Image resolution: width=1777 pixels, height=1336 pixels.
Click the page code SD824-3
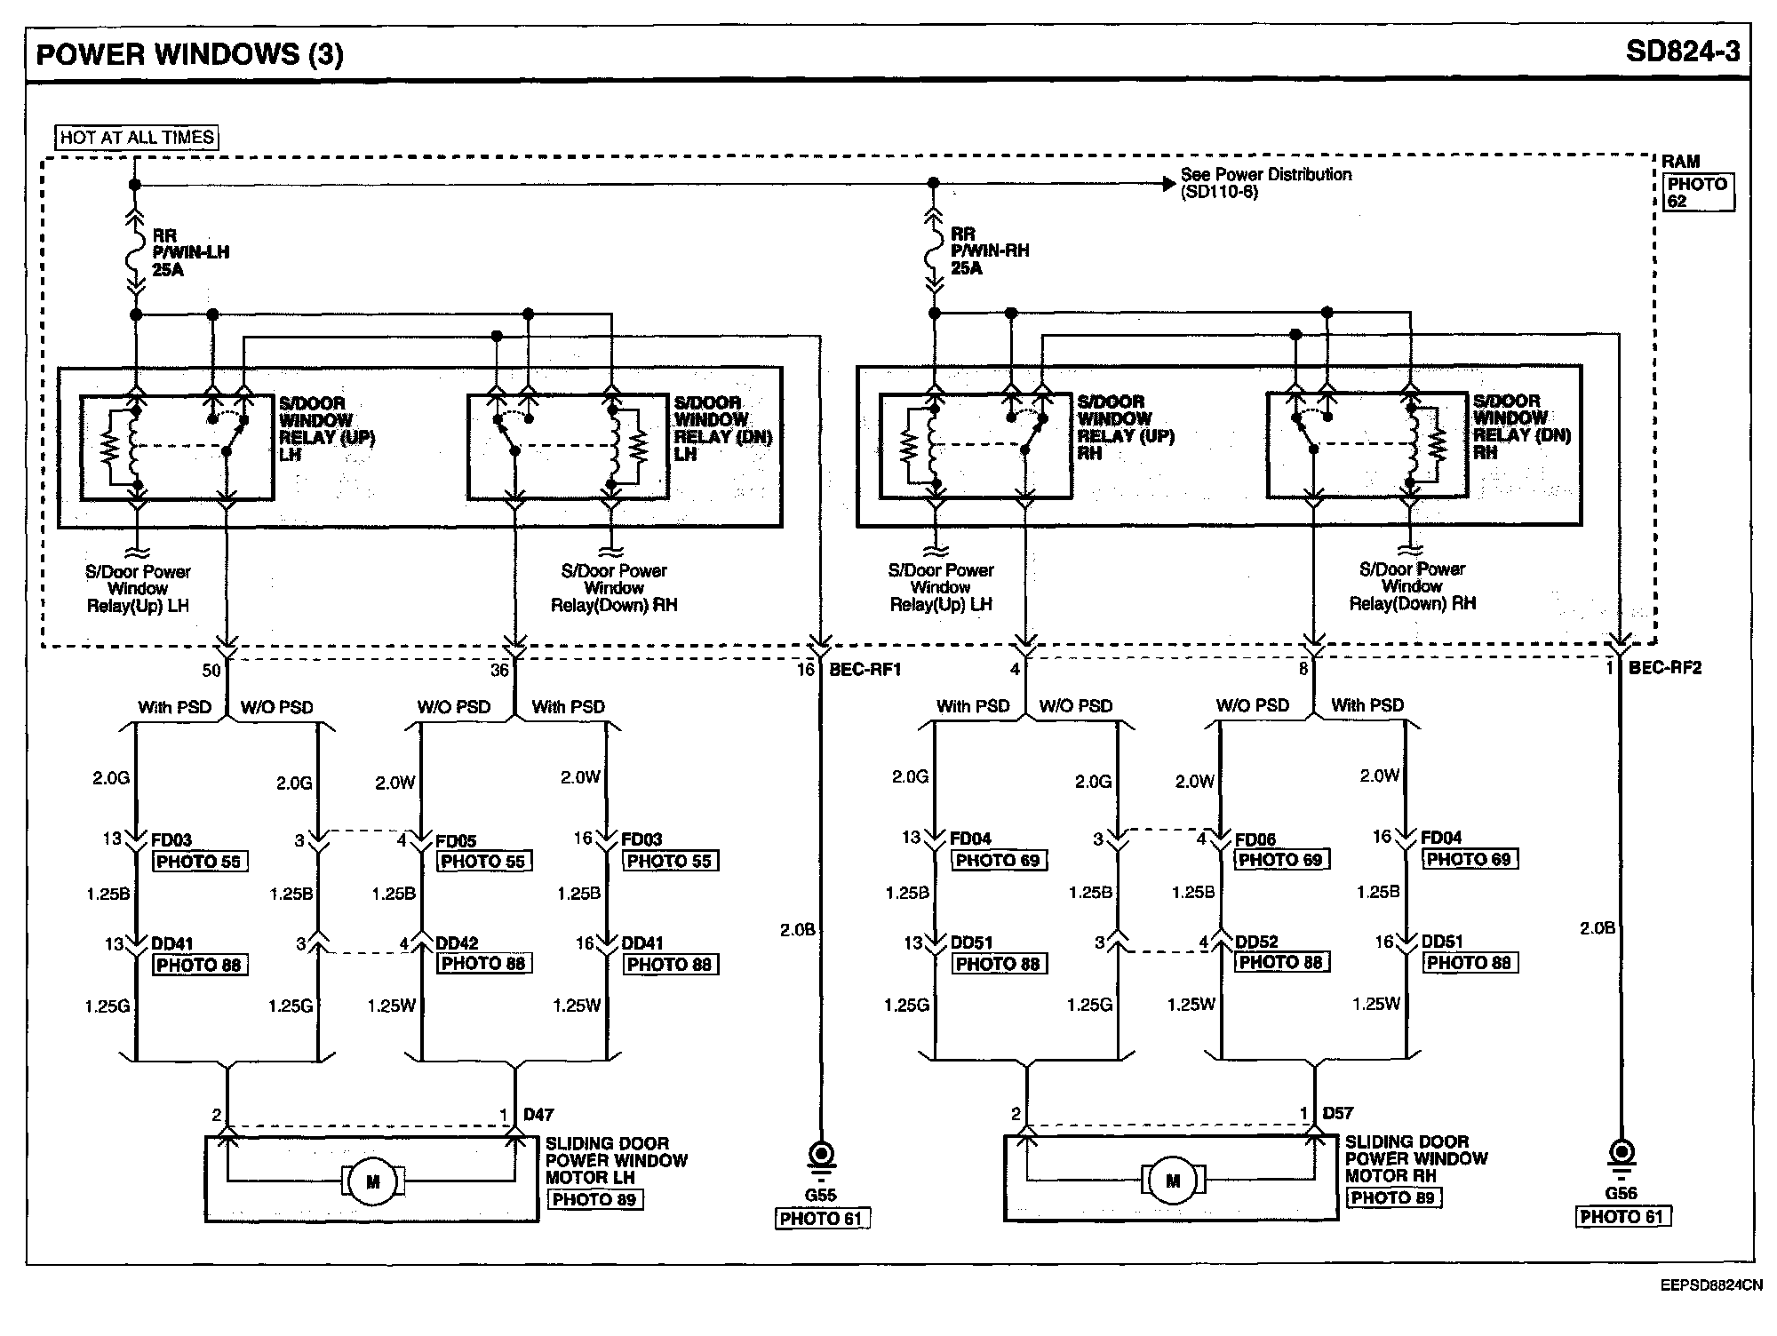(1682, 52)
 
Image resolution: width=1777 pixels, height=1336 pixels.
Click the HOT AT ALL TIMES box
(137, 138)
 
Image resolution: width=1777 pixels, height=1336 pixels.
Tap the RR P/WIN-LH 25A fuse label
(190, 252)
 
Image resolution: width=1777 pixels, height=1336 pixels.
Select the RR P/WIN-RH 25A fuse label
(989, 250)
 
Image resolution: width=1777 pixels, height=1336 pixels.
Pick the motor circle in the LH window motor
(373, 1181)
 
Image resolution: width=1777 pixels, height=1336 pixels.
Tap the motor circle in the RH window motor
(1173, 1181)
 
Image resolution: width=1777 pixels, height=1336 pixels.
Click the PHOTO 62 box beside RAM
(1697, 193)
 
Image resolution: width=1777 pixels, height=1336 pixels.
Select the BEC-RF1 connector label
(865, 670)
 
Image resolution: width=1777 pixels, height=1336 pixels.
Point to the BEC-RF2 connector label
(1664, 668)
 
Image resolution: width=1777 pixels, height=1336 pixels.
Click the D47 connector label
(538, 1114)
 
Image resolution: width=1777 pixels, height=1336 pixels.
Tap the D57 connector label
(1338, 1113)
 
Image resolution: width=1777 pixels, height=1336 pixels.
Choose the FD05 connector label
(456, 840)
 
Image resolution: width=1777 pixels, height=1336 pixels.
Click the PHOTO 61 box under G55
(822, 1219)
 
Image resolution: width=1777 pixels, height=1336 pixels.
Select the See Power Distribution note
(1264, 183)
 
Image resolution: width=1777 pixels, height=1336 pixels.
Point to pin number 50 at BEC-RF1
(211, 671)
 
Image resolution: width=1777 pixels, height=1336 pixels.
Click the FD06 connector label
(1255, 839)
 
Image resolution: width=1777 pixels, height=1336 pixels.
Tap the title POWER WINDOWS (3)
(189, 54)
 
